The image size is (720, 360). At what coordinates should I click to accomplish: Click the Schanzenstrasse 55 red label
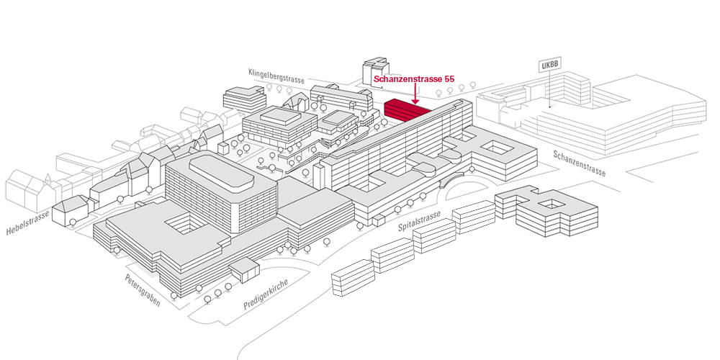[414, 78]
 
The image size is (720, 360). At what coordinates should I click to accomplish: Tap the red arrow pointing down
[417, 94]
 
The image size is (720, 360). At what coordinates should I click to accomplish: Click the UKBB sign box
[549, 65]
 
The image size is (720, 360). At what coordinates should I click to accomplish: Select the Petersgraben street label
[142, 289]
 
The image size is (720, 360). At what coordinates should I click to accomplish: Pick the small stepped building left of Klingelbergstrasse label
[243, 98]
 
